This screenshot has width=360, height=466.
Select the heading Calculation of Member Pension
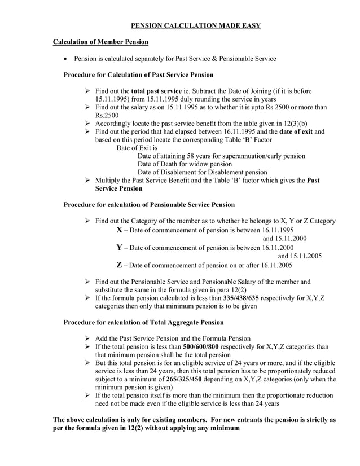point(100,42)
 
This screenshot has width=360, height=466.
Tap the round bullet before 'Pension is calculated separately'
point(67,59)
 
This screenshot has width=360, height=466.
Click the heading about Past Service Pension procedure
point(138,74)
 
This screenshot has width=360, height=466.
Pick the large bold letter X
point(119,230)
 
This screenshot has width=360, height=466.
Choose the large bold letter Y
point(119,247)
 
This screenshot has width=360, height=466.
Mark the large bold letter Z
point(119,265)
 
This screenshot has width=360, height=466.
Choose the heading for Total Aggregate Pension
point(143,322)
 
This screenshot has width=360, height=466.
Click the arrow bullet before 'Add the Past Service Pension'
point(87,338)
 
